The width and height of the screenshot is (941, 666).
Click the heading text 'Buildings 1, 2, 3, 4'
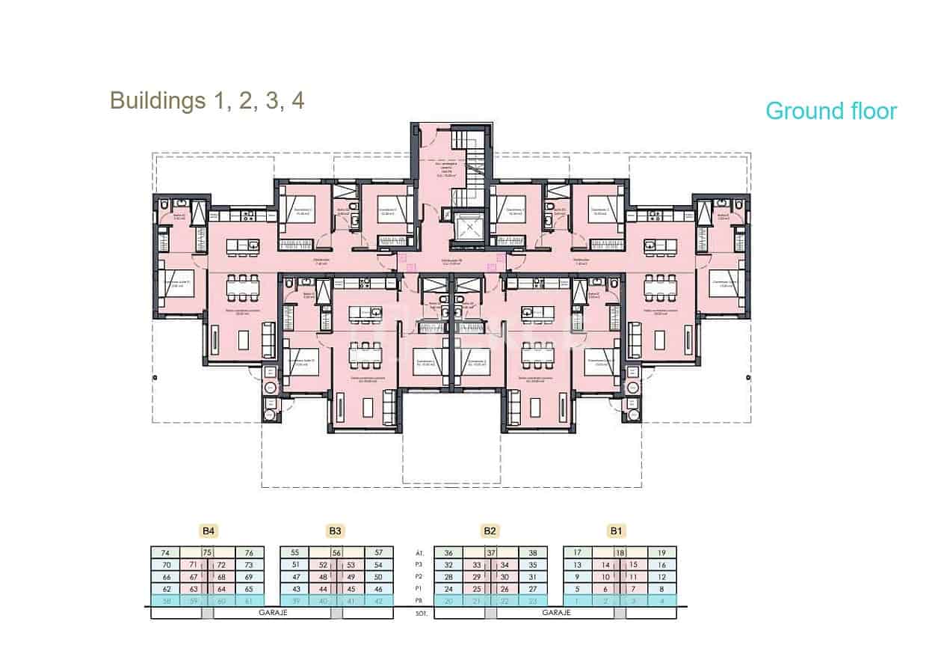207,100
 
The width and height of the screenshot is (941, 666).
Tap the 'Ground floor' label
830,111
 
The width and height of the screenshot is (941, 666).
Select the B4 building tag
209,531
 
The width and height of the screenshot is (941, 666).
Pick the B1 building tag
616,531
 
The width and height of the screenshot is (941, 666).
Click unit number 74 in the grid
165,552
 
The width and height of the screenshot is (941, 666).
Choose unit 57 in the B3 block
379,552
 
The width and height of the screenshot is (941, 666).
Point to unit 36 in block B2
448,552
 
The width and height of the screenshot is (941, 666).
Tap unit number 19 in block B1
661,552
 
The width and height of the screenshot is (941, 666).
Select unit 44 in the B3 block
323,589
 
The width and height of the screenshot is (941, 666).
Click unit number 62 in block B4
165,589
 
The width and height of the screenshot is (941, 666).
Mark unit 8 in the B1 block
661,589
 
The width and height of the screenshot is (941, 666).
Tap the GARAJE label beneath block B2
556,612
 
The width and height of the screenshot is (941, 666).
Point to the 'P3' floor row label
419,565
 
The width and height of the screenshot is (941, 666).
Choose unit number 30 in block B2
505,577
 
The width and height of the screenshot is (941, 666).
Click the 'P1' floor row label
419,589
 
